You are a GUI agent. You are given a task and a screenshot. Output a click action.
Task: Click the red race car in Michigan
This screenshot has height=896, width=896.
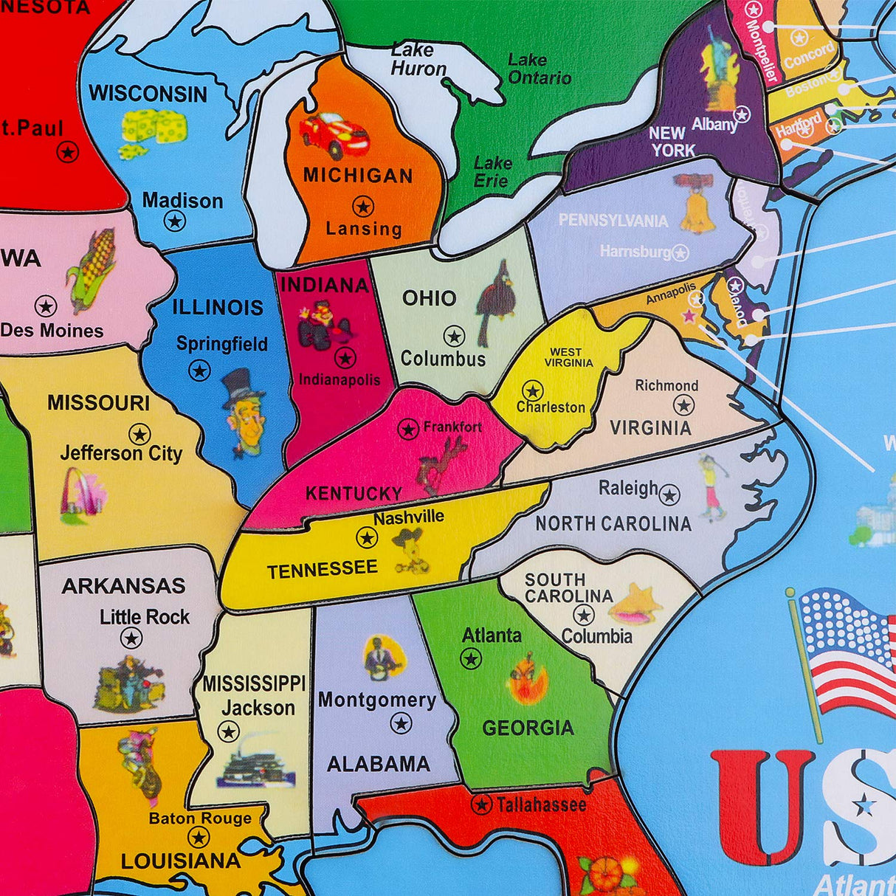tap(334, 135)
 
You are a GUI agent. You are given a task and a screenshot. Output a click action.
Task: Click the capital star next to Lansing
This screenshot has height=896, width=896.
tap(362, 206)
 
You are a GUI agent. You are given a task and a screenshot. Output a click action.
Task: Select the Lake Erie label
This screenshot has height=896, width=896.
tap(492, 171)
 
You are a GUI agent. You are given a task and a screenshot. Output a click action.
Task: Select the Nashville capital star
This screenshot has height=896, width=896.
tap(367, 538)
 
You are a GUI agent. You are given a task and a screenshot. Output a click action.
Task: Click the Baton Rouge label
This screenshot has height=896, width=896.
tap(200, 819)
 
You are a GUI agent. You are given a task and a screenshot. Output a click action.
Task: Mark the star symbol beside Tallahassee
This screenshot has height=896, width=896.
tap(481, 804)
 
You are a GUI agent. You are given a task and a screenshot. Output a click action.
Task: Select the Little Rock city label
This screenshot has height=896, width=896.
tap(145, 617)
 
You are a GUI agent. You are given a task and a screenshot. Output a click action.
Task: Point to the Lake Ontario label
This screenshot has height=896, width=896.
tap(539, 69)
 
